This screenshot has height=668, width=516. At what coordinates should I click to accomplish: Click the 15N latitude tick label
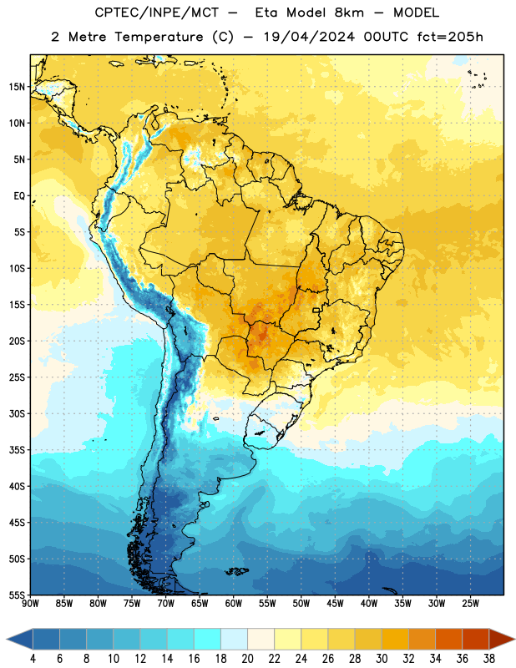coord(17,87)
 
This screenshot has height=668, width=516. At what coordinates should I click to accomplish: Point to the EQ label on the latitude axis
coord(19,196)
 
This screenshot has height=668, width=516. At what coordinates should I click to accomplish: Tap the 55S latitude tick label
coord(17,595)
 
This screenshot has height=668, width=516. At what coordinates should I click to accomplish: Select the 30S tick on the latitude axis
coord(17,413)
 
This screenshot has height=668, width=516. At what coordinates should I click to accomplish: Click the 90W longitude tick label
coord(30,604)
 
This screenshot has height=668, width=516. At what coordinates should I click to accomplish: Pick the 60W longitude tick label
coord(234,604)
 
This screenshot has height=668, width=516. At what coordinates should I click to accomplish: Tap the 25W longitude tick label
coord(470,604)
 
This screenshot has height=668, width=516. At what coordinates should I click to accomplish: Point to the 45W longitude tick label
coord(335,604)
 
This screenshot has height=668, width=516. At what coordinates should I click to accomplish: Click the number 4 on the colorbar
coord(33,659)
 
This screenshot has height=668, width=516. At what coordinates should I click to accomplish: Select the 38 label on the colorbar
coord(488,659)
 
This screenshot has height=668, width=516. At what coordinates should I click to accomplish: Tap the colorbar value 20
coord(247,659)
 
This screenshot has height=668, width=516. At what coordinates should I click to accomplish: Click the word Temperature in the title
coord(159,37)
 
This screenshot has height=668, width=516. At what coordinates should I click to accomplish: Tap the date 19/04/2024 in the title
coord(309,37)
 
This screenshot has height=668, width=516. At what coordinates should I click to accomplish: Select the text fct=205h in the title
coord(450,37)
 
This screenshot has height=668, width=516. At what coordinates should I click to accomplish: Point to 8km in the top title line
coord(349,13)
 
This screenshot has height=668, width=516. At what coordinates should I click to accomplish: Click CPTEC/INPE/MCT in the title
coord(156,13)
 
